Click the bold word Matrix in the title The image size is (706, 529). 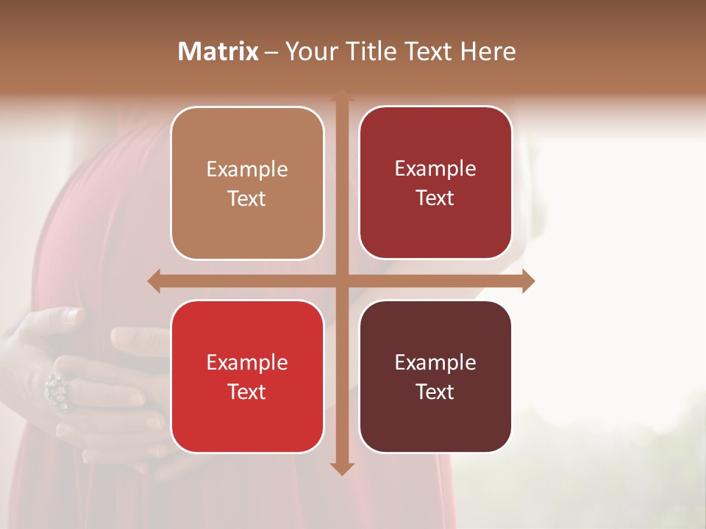tap(218, 51)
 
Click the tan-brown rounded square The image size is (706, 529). tap(247, 183)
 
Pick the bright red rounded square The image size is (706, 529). tap(247, 376)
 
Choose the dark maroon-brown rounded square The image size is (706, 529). tap(435, 376)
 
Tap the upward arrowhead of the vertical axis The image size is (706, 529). tap(341, 96)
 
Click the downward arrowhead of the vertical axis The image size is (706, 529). tap(341, 468)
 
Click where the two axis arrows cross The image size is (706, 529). tap(341, 281)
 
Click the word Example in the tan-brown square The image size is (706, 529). tap(247, 169)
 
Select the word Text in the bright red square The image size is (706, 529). tap(247, 392)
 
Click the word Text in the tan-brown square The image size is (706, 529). tap(247, 198)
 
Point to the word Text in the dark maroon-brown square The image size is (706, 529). tap(435, 392)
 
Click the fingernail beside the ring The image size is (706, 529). tap(71, 314)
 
